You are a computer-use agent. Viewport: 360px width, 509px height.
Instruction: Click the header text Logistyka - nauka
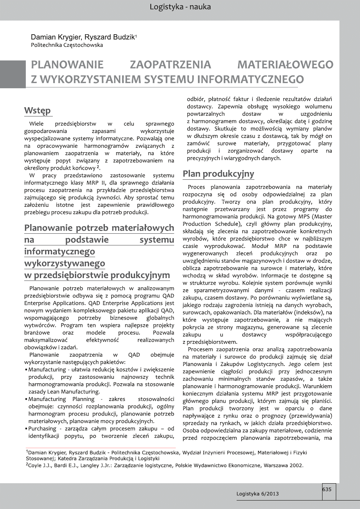180,7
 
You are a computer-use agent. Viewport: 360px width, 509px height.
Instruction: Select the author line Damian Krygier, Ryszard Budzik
83,37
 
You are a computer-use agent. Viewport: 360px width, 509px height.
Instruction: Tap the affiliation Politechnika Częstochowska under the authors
67,45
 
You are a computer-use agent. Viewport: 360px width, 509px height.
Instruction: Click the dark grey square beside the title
12,74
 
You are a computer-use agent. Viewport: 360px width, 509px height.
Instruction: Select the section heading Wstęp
37,110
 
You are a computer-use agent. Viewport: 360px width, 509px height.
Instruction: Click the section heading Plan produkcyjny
218,174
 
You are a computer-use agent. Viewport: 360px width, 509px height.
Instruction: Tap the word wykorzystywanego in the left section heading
64,264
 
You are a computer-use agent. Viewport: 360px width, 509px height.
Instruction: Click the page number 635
327,489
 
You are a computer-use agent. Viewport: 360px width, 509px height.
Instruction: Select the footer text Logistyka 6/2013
257,494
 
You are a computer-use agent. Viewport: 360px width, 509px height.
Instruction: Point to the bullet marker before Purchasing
26,429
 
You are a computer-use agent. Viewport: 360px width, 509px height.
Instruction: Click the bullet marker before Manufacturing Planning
26,399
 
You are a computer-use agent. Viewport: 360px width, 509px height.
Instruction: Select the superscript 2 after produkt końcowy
98,167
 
